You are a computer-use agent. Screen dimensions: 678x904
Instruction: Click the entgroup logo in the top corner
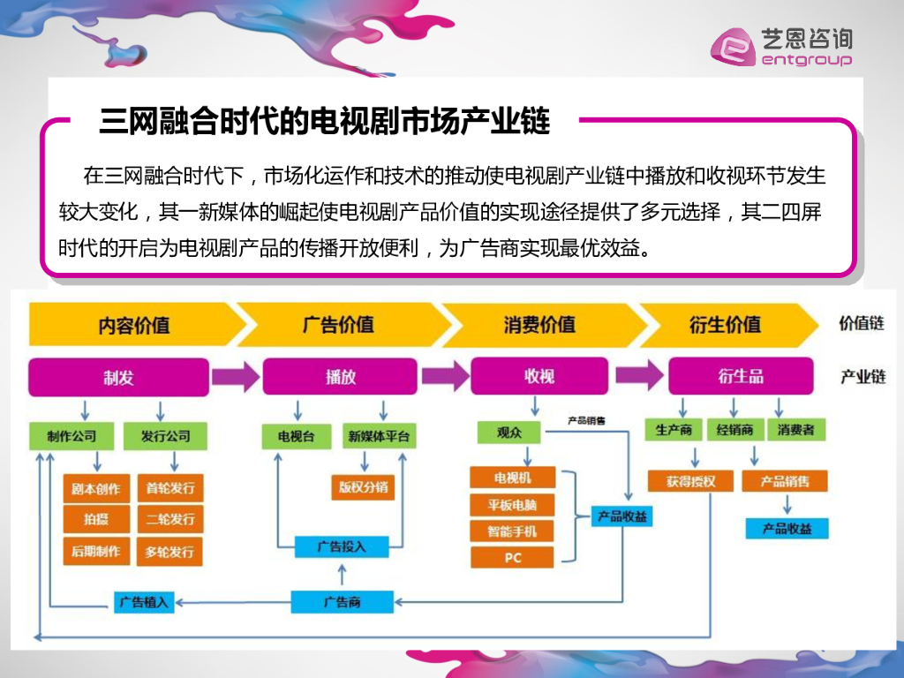(782, 46)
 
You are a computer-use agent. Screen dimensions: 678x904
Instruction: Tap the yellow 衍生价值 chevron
(724, 325)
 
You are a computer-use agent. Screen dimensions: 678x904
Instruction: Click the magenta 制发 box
(118, 377)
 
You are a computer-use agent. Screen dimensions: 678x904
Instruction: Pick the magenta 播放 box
(340, 377)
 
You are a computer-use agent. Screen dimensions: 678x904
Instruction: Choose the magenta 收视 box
(539, 377)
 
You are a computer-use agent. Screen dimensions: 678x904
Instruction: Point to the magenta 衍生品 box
(740, 377)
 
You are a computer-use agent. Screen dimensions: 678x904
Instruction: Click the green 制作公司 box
(71, 435)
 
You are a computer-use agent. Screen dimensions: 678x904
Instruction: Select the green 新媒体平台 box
(379, 436)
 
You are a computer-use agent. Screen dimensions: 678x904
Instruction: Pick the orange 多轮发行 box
(169, 552)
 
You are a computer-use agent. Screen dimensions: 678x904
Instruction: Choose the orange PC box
(513, 558)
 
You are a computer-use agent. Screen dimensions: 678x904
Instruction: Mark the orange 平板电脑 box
(513, 505)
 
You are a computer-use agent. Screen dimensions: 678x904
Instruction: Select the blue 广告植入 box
(145, 603)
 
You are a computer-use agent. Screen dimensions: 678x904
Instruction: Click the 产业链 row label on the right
(863, 377)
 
